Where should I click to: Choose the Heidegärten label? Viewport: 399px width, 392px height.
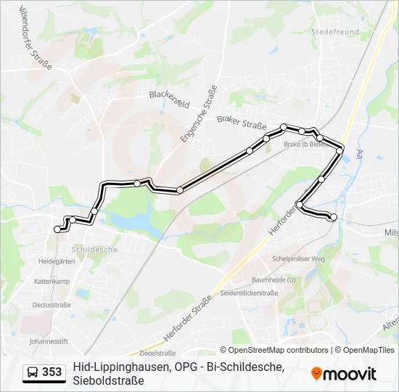tap(57, 261)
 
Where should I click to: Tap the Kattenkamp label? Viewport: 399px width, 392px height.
tap(52, 281)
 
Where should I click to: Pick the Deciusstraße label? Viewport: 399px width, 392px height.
tap(52, 305)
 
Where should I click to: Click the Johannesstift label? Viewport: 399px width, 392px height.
tap(49, 340)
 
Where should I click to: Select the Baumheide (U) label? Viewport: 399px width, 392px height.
tap(273, 279)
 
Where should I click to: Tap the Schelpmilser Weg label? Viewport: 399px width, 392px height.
tap(297, 259)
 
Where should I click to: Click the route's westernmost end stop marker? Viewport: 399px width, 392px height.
tap(58, 229)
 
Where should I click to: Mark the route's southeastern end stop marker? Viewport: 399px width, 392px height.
tap(334, 217)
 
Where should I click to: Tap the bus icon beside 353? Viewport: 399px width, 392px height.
tap(33, 372)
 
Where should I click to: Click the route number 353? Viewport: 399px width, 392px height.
tap(52, 372)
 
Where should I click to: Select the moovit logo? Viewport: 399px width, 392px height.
tap(344, 373)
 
